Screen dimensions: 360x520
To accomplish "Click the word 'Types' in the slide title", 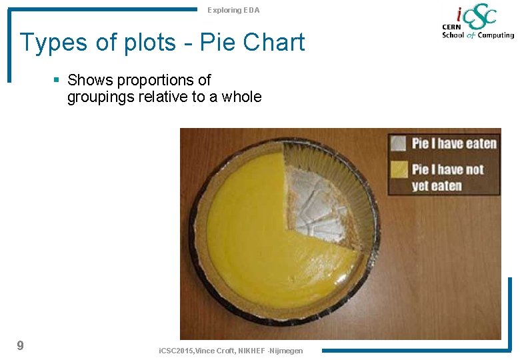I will click(x=53, y=43).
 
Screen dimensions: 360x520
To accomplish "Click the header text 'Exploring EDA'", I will click(x=233, y=10).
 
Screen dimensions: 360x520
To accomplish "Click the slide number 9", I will click(x=20, y=345).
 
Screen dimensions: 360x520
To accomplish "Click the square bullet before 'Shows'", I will click(x=57, y=80).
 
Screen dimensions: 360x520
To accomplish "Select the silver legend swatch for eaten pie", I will click(x=398, y=143).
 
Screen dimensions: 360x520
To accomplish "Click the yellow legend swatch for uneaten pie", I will click(x=398, y=169).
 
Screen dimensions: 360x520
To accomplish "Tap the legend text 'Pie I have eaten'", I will click(x=453, y=143).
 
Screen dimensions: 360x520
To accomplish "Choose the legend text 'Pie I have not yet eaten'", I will click(x=447, y=177).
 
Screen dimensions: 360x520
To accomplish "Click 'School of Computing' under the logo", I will click(x=478, y=35).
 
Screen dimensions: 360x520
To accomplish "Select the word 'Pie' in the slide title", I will click(x=217, y=42).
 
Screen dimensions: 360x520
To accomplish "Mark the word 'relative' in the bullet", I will click(x=171, y=97).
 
